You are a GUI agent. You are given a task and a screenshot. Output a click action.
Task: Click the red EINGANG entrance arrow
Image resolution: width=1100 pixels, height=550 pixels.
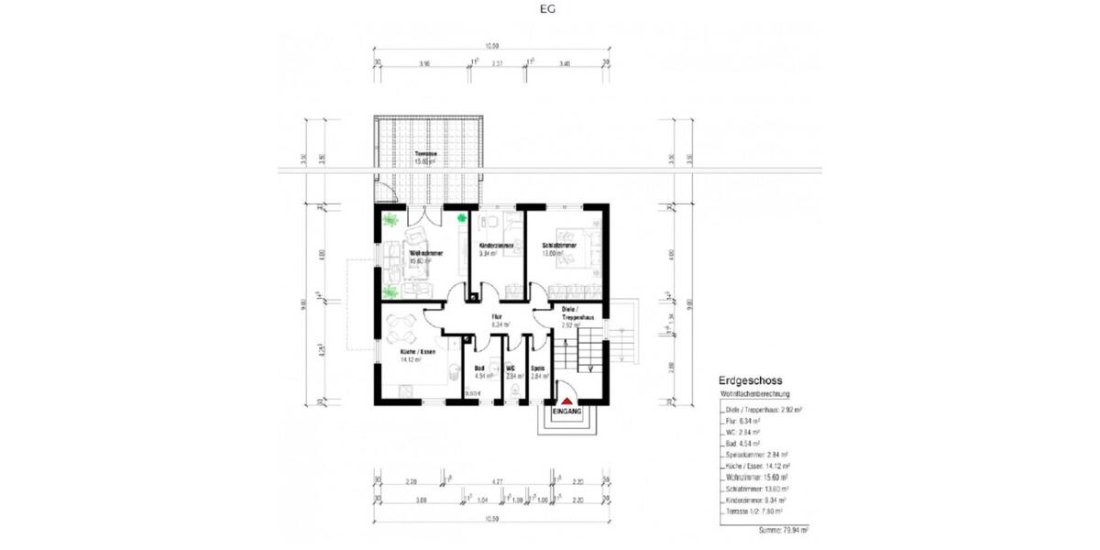(567, 401)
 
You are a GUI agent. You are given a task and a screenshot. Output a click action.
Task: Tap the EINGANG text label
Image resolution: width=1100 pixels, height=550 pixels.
(567, 413)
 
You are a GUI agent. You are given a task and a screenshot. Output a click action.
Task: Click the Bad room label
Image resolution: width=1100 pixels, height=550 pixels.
(478, 368)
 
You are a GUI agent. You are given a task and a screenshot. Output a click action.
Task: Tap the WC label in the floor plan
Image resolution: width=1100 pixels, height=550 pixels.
(511, 368)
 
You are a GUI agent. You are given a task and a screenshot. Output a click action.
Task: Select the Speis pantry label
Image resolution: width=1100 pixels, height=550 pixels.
(538, 368)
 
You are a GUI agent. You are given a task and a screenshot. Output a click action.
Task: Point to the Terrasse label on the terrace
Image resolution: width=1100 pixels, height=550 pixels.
(424, 153)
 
